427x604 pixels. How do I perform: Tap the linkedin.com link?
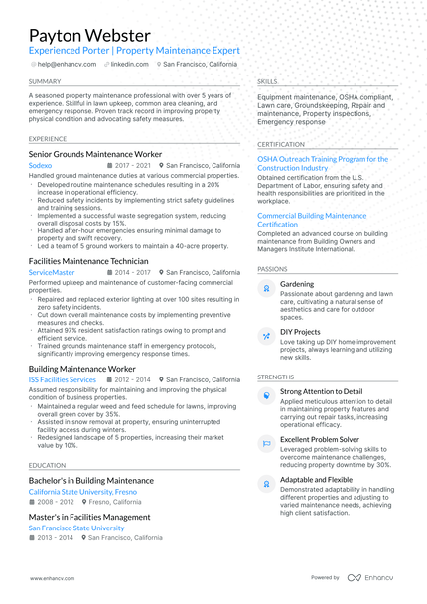129,64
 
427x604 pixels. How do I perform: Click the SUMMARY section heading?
45,81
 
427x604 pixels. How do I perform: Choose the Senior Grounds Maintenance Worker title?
94,155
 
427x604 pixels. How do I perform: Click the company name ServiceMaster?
52,272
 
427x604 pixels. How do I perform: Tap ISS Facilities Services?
63,379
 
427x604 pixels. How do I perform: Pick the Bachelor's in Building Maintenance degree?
90,480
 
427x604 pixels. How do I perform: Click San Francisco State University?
76,528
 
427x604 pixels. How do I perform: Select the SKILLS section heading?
267,81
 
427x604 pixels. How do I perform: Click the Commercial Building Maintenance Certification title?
312,220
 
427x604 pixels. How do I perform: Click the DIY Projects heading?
300,331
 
